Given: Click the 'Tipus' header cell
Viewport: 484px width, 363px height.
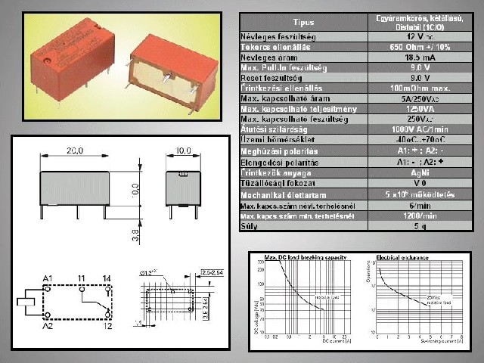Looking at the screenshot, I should pyautogui.click(x=304, y=22).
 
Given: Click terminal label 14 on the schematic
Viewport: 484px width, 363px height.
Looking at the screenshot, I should pyautogui.click(x=108, y=279).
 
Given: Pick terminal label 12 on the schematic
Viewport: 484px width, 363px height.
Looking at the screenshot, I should pyautogui.click(x=108, y=326).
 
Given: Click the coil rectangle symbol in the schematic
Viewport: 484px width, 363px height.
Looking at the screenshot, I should pyautogui.click(x=29, y=302).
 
